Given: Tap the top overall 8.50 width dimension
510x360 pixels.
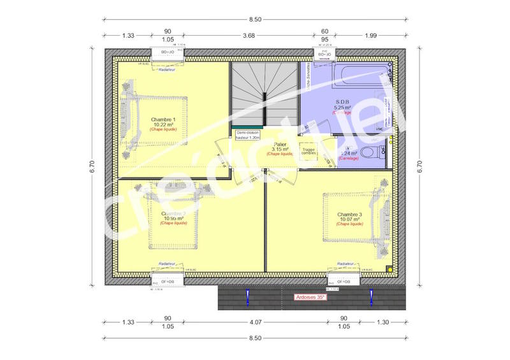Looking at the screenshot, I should point(254,19).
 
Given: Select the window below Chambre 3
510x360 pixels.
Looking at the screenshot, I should point(343,281).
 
